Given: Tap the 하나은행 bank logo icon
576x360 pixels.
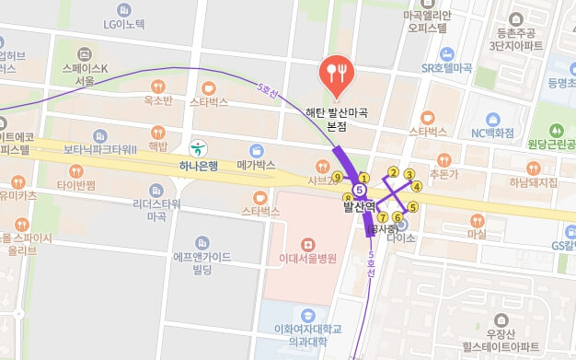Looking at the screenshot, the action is pos(197,148).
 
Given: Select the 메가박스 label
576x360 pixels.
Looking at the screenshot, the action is pos(257,165).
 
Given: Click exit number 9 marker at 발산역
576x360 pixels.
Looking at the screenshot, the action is pos(338,178).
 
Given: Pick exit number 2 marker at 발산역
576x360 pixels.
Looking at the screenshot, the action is pos(393,172).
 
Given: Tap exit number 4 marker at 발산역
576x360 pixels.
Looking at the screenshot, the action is pos(417,186).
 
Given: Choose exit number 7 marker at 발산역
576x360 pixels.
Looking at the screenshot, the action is pos(382,217).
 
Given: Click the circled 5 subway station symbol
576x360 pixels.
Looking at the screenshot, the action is pos(360,191).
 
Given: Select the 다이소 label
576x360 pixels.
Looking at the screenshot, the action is pos(402,237).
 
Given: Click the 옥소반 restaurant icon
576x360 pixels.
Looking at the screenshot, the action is pos(158,86).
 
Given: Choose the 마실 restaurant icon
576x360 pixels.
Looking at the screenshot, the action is pos(477,220).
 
